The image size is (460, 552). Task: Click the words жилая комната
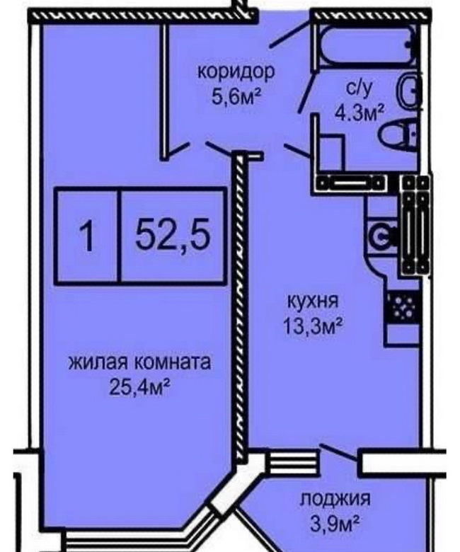139,362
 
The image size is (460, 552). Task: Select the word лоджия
335,500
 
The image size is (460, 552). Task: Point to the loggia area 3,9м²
335,524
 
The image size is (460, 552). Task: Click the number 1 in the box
87,236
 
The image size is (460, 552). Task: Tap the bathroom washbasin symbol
408,90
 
